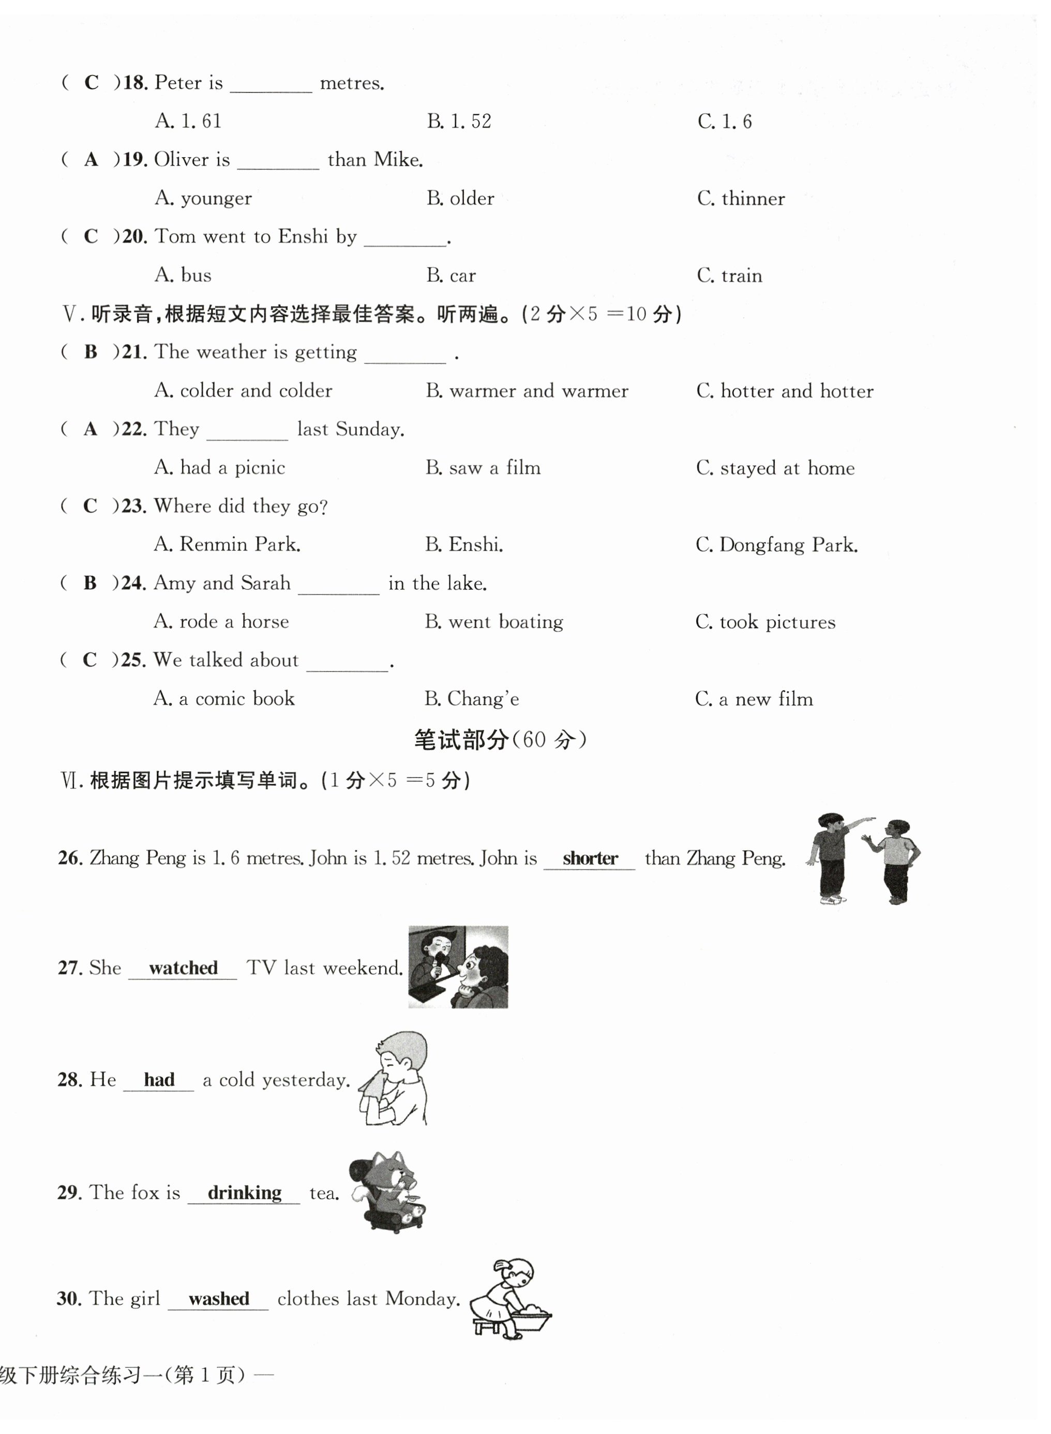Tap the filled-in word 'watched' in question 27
[x=183, y=968]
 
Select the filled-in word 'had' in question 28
[x=159, y=1080]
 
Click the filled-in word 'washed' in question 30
[x=218, y=1299]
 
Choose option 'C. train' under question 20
[x=729, y=276]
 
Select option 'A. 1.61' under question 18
[x=188, y=121]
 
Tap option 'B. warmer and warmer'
[x=527, y=390]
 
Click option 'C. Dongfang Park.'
[x=776, y=545]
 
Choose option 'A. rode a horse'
[x=221, y=621]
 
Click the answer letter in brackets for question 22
[x=91, y=429]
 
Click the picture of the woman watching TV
[x=458, y=967]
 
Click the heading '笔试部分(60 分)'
[x=500, y=740]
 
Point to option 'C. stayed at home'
[x=775, y=468]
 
